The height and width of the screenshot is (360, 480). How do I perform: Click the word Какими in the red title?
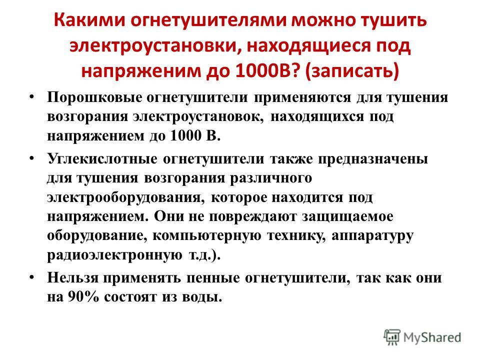(x=89, y=20)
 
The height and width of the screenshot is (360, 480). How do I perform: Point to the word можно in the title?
(x=323, y=20)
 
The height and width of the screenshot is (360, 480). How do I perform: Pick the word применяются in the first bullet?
(x=302, y=97)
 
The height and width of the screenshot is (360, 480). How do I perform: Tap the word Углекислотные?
(x=102, y=159)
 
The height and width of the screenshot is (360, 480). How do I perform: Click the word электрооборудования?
(x=126, y=197)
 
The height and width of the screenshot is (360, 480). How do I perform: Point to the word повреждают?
(x=252, y=216)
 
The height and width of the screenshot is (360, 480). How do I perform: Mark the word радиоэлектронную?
(x=114, y=254)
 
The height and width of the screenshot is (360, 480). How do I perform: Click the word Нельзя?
(x=73, y=277)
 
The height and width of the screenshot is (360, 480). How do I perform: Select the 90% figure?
(x=83, y=296)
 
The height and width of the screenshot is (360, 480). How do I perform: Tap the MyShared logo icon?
(x=392, y=337)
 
